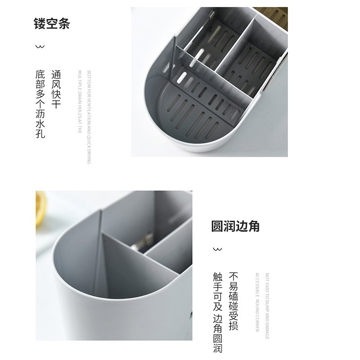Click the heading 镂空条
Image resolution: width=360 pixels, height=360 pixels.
pos(52,23)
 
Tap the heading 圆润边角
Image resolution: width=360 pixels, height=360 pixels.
pos(235,226)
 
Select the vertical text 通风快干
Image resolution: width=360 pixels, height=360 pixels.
pos(56,89)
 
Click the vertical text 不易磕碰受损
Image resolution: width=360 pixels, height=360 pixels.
pos(234,301)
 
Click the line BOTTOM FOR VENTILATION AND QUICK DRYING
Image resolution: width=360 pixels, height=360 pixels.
pos(89,117)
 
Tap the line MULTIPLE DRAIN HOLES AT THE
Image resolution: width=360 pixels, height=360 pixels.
pos(79,102)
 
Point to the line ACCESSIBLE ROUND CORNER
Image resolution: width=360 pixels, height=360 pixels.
pos(257,302)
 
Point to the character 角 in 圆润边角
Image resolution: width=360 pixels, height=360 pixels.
pos(254,226)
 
